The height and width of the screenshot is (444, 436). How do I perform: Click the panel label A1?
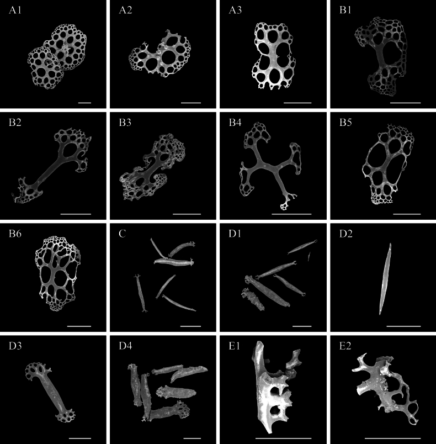pyautogui.click(x=15, y=10)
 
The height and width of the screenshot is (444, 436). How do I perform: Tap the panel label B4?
pyautogui.click(x=235, y=123)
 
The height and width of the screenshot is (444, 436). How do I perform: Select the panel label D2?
pyautogui.click(x=345, y=234)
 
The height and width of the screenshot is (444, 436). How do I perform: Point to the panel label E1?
pyautogui.click(x=234, y=346)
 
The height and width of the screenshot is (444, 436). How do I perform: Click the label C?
pyautogui.click(x=122, y=234)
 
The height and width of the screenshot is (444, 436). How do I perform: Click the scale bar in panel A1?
pyautogui.click(x=84, y=103)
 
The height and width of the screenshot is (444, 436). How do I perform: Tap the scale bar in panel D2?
pyautogui.click(x=403, y=326)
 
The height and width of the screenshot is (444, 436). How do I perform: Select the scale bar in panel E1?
pyautogui.click(x=274, y=438)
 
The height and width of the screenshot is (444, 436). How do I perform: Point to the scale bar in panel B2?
pyautogui.click(x=76, y=214)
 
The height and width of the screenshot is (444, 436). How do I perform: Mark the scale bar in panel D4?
pyautogui.click(x=192, y=438)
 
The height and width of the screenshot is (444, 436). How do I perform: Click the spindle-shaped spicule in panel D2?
pyautogui.click(x=385, y=279)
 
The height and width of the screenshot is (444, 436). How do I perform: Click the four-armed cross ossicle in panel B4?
pyautogui.click(x=269, y=166)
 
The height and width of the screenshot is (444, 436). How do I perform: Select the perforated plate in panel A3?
pyautogui.click(x=273, y=56)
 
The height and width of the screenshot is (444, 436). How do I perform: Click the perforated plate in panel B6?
pyautogui.click(x=58, y=273)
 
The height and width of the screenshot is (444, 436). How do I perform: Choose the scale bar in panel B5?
pyautogui.click(x=407, y=214)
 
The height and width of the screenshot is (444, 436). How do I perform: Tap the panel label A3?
pyautogui.click(x=236, y=10)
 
